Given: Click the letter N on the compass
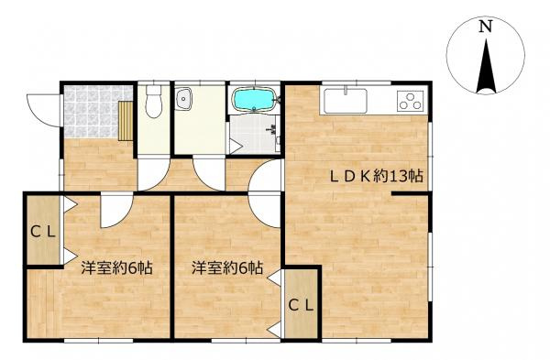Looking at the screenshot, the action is click(x=486, y=27).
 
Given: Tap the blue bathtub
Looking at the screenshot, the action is click(x=254, y=99).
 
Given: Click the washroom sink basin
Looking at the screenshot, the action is click(x=183, y=98).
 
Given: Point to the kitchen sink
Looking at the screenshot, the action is click(x=346, y=101).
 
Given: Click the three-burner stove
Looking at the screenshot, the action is click(x=410, y=101).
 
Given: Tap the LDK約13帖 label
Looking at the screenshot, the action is click(x=376, y=176).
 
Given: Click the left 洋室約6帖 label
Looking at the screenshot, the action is click(x=116, y=268).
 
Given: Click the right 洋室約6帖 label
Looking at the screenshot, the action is click(x=227, y=268).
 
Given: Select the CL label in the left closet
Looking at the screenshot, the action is click(x=43, y=232).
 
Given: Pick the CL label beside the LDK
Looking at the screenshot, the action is click(x=301, y=306).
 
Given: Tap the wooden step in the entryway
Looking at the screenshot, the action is click(x=126, y=121).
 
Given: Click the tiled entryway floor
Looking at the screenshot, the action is click(x=92, y=112).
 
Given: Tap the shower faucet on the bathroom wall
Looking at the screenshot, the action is click(x=273, y=129).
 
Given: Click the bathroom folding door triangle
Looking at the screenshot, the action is click(x=236, y=146).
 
